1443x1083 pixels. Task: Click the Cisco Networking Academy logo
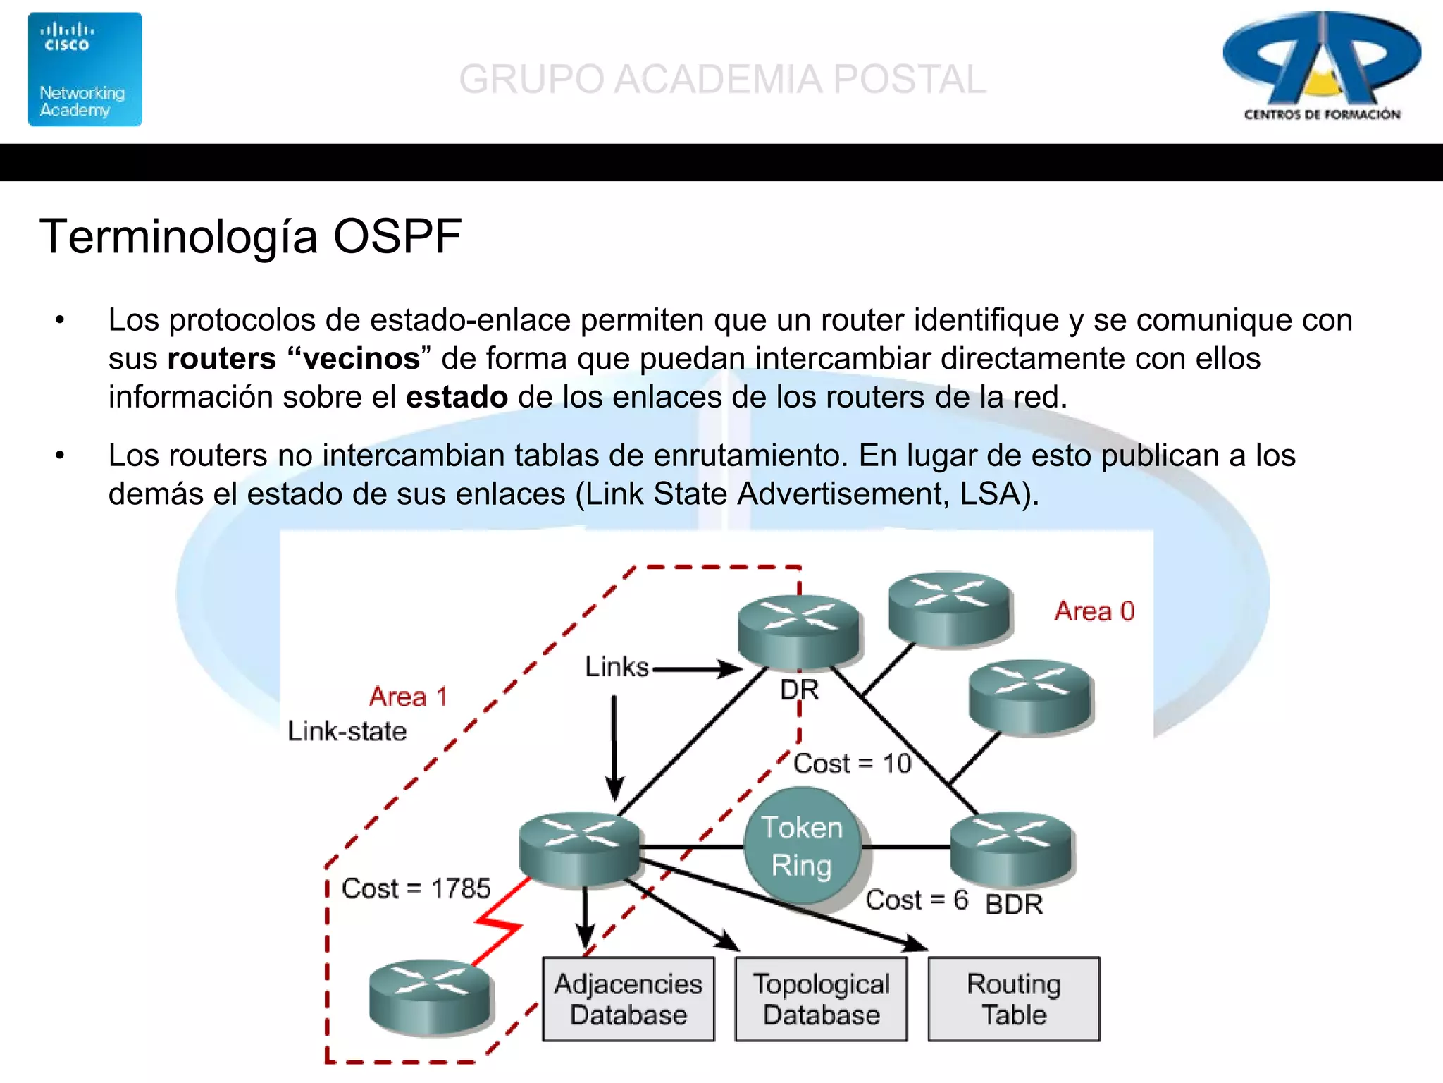85,69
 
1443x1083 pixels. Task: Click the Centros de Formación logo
1322,67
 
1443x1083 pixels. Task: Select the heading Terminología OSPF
250,236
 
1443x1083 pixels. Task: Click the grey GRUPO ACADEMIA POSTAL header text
722,79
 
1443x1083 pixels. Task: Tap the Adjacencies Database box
628,998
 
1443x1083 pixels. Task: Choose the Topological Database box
821,998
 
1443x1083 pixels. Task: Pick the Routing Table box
1013,998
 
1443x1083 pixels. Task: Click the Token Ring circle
802,846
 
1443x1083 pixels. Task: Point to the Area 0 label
1094,611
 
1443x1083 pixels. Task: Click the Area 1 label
408,697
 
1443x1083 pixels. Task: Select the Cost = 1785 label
416,888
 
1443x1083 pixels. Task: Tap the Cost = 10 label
852,764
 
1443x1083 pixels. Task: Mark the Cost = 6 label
916,900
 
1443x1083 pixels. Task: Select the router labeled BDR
1011,848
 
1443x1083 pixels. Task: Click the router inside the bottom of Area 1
429,997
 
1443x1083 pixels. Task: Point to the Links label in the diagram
617,667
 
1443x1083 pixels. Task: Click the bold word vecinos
361,358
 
